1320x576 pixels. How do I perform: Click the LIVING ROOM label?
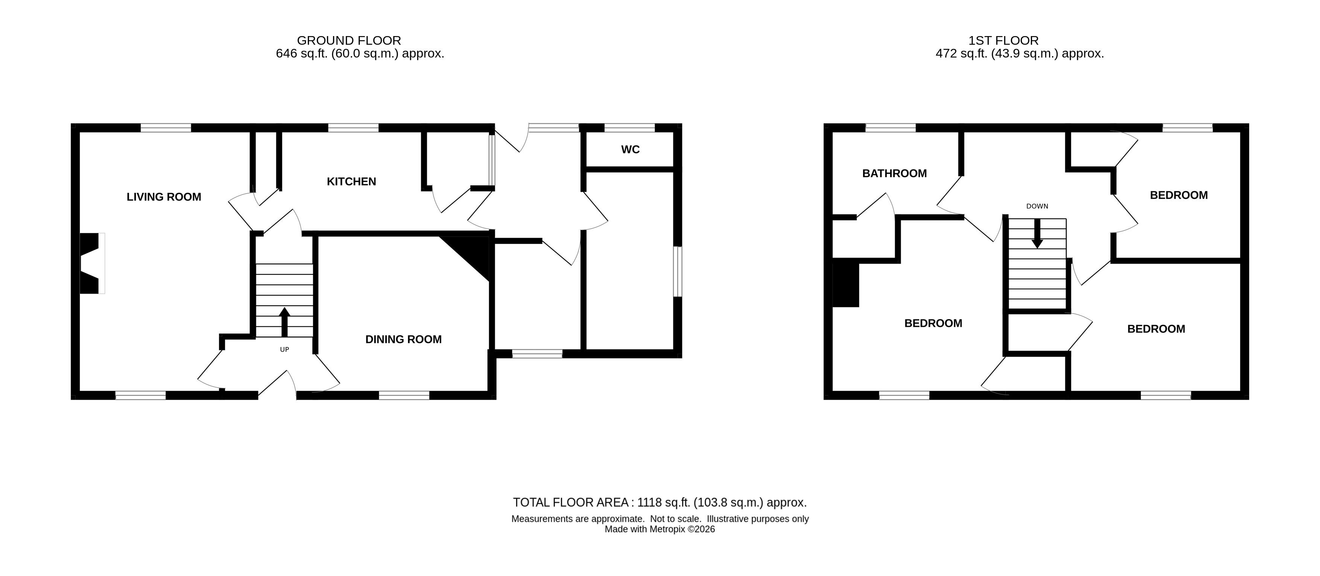(164, 197)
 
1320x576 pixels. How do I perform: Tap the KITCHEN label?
(352, 182)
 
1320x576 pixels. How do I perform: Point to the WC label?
(630, 150)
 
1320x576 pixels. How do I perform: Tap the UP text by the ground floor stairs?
(285, 350)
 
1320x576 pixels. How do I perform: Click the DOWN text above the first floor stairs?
(1037, 206)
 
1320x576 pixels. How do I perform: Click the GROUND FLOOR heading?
(349, 41)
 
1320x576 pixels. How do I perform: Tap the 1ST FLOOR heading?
(1003, 41)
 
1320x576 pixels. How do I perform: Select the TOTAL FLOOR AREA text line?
(660, 502)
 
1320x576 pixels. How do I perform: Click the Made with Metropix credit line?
(660, 529)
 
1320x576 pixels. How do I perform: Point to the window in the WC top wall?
(630, 127)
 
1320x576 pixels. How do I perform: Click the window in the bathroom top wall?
(891, 127)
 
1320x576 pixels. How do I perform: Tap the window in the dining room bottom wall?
(404, 395)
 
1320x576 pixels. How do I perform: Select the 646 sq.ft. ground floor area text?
(360, 54)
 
